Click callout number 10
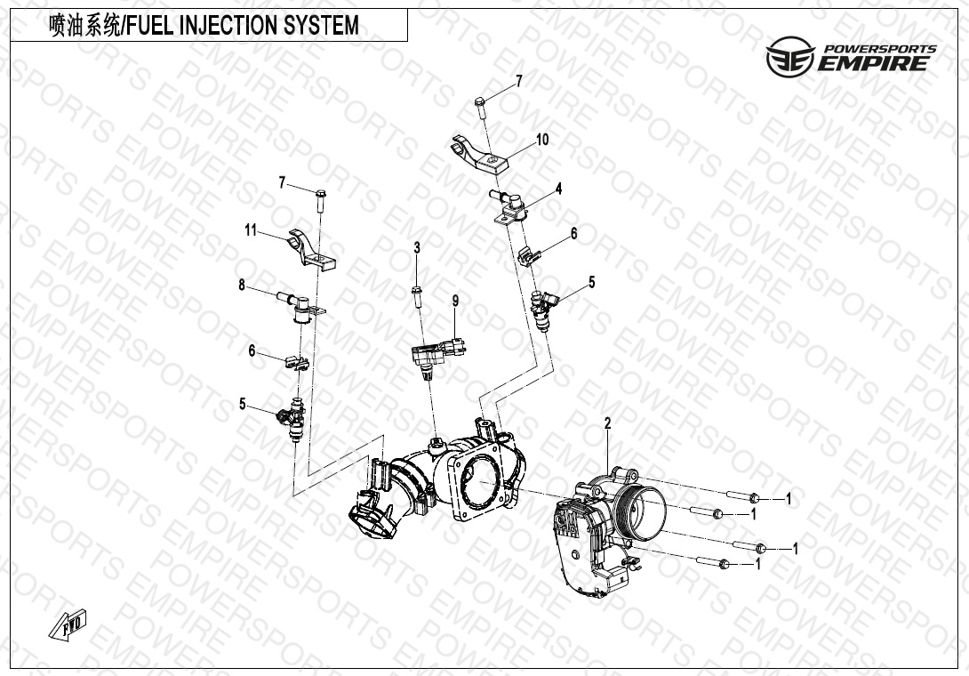542,140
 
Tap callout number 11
251,230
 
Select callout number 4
558,189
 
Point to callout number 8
242,286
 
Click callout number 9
455,302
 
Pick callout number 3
417,248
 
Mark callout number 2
607,423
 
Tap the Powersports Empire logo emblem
789,56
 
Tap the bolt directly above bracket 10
482,107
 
